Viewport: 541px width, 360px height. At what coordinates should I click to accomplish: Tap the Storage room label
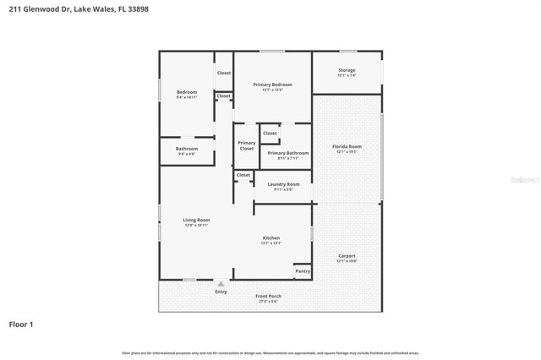click(x=347, y=70)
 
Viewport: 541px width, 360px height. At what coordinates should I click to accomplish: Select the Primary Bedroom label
click(x=272, y=85)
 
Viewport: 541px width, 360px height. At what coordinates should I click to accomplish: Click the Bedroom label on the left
click(x=186, y=92)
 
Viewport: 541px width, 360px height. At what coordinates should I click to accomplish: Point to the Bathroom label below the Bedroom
click(x=186, y=149)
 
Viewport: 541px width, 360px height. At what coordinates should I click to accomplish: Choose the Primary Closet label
click(x=246, y=145)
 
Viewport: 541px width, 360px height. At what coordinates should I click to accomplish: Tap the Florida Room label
click(x=347, y=148)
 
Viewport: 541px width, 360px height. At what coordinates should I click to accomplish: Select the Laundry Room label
click(x=283, y=184)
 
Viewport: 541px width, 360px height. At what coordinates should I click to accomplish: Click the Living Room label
click(x=196, y=221)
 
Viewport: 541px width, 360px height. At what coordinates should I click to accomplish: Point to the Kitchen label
click(x=270, y=238)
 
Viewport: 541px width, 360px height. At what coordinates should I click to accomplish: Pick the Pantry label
click(x=302, y=271)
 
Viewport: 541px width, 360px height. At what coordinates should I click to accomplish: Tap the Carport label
click(x=347, y=256)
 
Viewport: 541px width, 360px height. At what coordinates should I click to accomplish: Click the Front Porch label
click(x=269, y=296)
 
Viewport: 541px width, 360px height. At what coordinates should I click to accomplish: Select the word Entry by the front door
click(x=221, y=292)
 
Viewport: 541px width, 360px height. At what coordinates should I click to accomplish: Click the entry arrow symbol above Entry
click(x=221, y=284)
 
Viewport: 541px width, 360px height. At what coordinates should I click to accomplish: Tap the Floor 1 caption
click(x=22, y=324)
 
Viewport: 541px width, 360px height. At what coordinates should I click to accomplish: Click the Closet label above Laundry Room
click(x=243, y=175)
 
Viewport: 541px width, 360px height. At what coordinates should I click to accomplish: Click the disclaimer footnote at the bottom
click(x=270, y=352)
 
